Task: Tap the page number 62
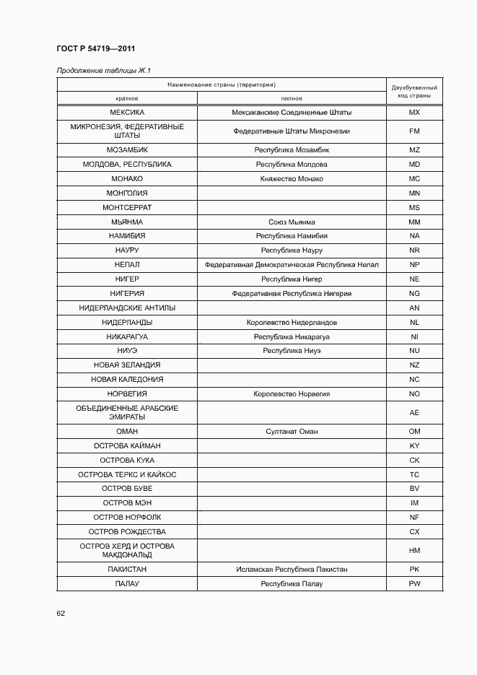(x=61, y=613)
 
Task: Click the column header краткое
(x=127, y=98)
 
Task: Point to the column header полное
(x=292, y=98)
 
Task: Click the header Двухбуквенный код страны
(x=414, y=91)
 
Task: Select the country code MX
(x=414, y=113)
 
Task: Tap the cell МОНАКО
(x=127, y=178)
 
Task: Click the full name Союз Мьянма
(x=292, y=222)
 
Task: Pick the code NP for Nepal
(x=414, y=265)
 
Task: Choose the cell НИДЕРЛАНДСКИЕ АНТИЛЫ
(x=127, y=308)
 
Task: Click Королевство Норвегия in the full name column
(x=292, y=393)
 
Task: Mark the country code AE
(x=414, y=412)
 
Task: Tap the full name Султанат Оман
(x=292, y=431)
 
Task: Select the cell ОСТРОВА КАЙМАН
(x=127, y=445)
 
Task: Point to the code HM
(x=414, y=550)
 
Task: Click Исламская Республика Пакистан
(x=292, y=569)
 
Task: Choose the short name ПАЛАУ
(x=127, y=583)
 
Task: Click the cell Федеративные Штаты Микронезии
(x=292, y=131)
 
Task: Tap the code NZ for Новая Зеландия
(x=414, y=365)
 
